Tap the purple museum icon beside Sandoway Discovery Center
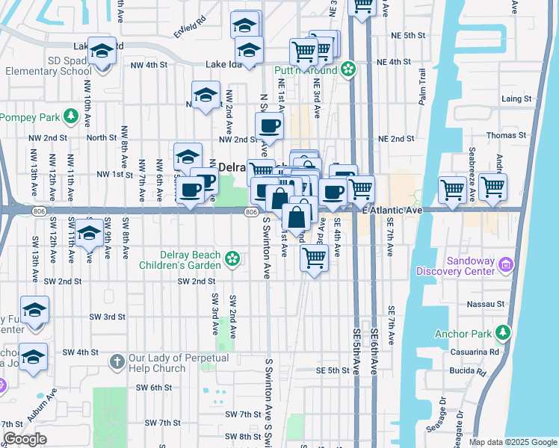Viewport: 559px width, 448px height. click(x=507, y=264)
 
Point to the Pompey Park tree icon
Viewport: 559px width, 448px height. click(x=70, y=116)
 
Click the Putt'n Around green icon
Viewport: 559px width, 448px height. click(x=348, y=70)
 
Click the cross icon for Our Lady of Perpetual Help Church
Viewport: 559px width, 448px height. click(x=116, y=362)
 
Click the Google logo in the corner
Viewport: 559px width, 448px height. click(x=24, y=440)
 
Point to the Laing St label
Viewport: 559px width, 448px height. click(x=516, y=99)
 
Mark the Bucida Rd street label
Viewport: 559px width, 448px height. click(x=467, y=370)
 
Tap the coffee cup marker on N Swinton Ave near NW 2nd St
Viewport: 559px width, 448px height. click(x=270, y=126)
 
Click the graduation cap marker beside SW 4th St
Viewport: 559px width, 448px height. click(x=34, y=358)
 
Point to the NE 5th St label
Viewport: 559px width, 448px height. click(x=412, y=35)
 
